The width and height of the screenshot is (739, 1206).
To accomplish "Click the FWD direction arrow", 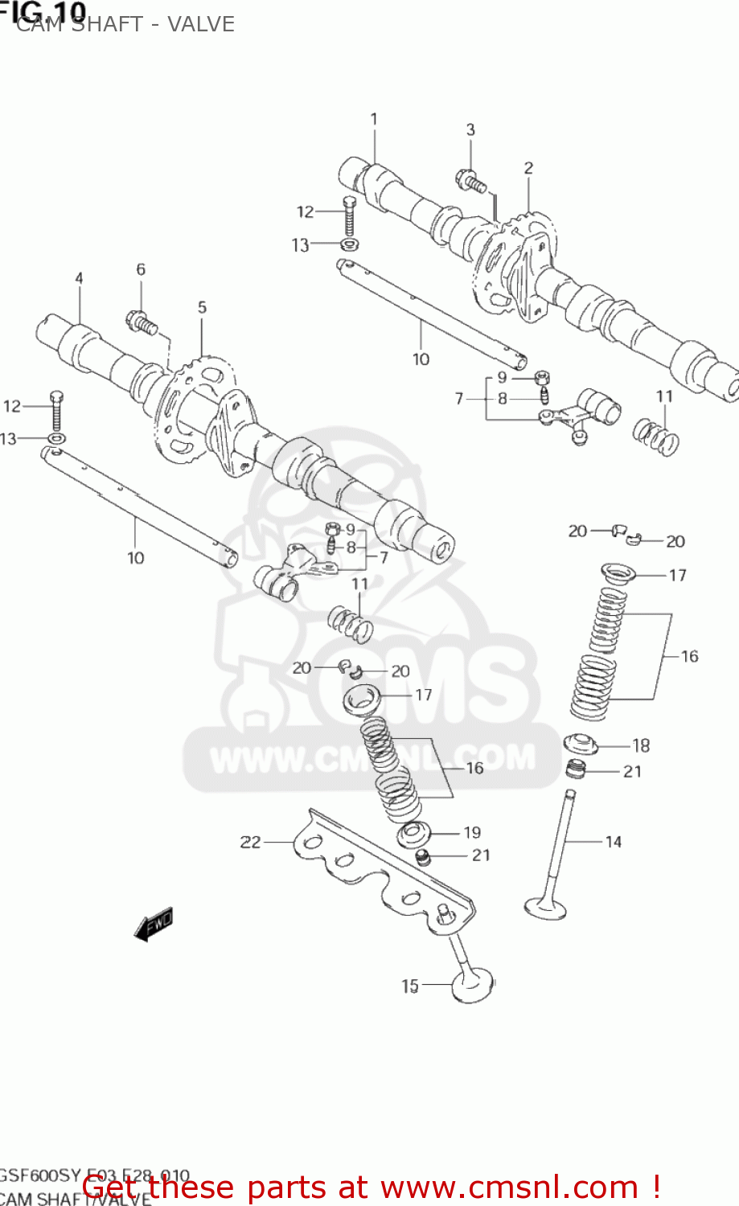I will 154,924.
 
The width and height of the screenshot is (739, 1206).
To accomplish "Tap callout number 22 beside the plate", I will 251,842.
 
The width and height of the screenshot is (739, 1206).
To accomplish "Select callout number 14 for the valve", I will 614,842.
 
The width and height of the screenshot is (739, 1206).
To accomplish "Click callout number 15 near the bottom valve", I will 410,985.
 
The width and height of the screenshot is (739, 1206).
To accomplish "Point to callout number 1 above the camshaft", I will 374,119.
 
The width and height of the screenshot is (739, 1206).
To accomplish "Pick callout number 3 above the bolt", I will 470,129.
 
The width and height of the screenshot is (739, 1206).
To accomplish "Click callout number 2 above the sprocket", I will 528,168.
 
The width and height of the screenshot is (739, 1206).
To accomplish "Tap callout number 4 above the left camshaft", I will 79,278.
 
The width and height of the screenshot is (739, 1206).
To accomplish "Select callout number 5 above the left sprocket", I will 202,307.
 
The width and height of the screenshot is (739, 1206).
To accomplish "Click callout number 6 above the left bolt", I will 141,269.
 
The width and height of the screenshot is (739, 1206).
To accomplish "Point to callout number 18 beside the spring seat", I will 641,745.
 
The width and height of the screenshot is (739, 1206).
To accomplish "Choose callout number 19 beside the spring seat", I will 472,832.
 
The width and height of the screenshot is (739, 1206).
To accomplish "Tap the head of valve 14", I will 546,907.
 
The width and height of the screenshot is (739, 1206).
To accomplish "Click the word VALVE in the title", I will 201,24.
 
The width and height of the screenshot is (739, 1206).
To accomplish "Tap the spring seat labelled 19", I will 414,833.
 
